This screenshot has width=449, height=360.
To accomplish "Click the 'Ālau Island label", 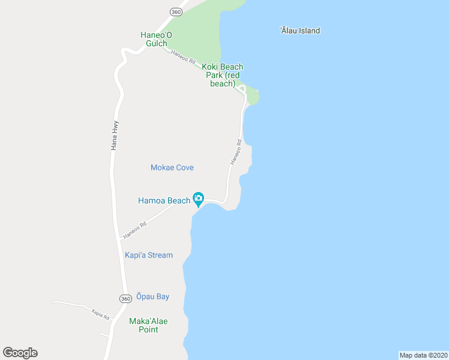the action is pyautogui.click(x=300, y=31).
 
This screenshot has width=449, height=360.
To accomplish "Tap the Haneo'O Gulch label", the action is pyautogui.click(x=156, y=39).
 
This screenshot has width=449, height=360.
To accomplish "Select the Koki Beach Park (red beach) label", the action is pyautogui.click(x=223, y=76).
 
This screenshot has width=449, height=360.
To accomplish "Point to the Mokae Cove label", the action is pyautogui.click(x=172, y=167).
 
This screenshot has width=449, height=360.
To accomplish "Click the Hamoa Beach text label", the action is pyautogui.click(x=164, y=200).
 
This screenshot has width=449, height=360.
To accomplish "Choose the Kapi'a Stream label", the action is pyautogui.click(x=148, y=255).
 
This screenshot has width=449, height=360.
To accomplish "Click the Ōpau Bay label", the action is pyautogui.click(x=152, y=296).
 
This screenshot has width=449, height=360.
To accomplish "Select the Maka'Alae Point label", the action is pyautogui.click(x=148, y=325).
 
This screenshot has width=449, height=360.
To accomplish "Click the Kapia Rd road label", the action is pyautogui.click(x=100, y=313).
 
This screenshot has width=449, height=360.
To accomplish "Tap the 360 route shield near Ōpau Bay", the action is pyautogui.click(x=125, y=299).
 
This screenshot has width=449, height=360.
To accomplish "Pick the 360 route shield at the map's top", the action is pyautogui.click(x=175, y=12).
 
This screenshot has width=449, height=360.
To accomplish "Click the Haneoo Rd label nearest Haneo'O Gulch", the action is pyautogui.click(x=183, y=57).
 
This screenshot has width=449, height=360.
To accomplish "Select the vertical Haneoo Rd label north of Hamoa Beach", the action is pyautogui.click(x=235, y=152).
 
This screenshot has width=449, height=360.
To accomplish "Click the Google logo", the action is pyautogui.click(x=20, y=353).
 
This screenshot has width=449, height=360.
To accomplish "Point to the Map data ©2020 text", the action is pyautogui.click(x=423, y=355).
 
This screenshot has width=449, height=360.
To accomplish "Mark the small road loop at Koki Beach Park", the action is pyautogui.click(x=242, y=90).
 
